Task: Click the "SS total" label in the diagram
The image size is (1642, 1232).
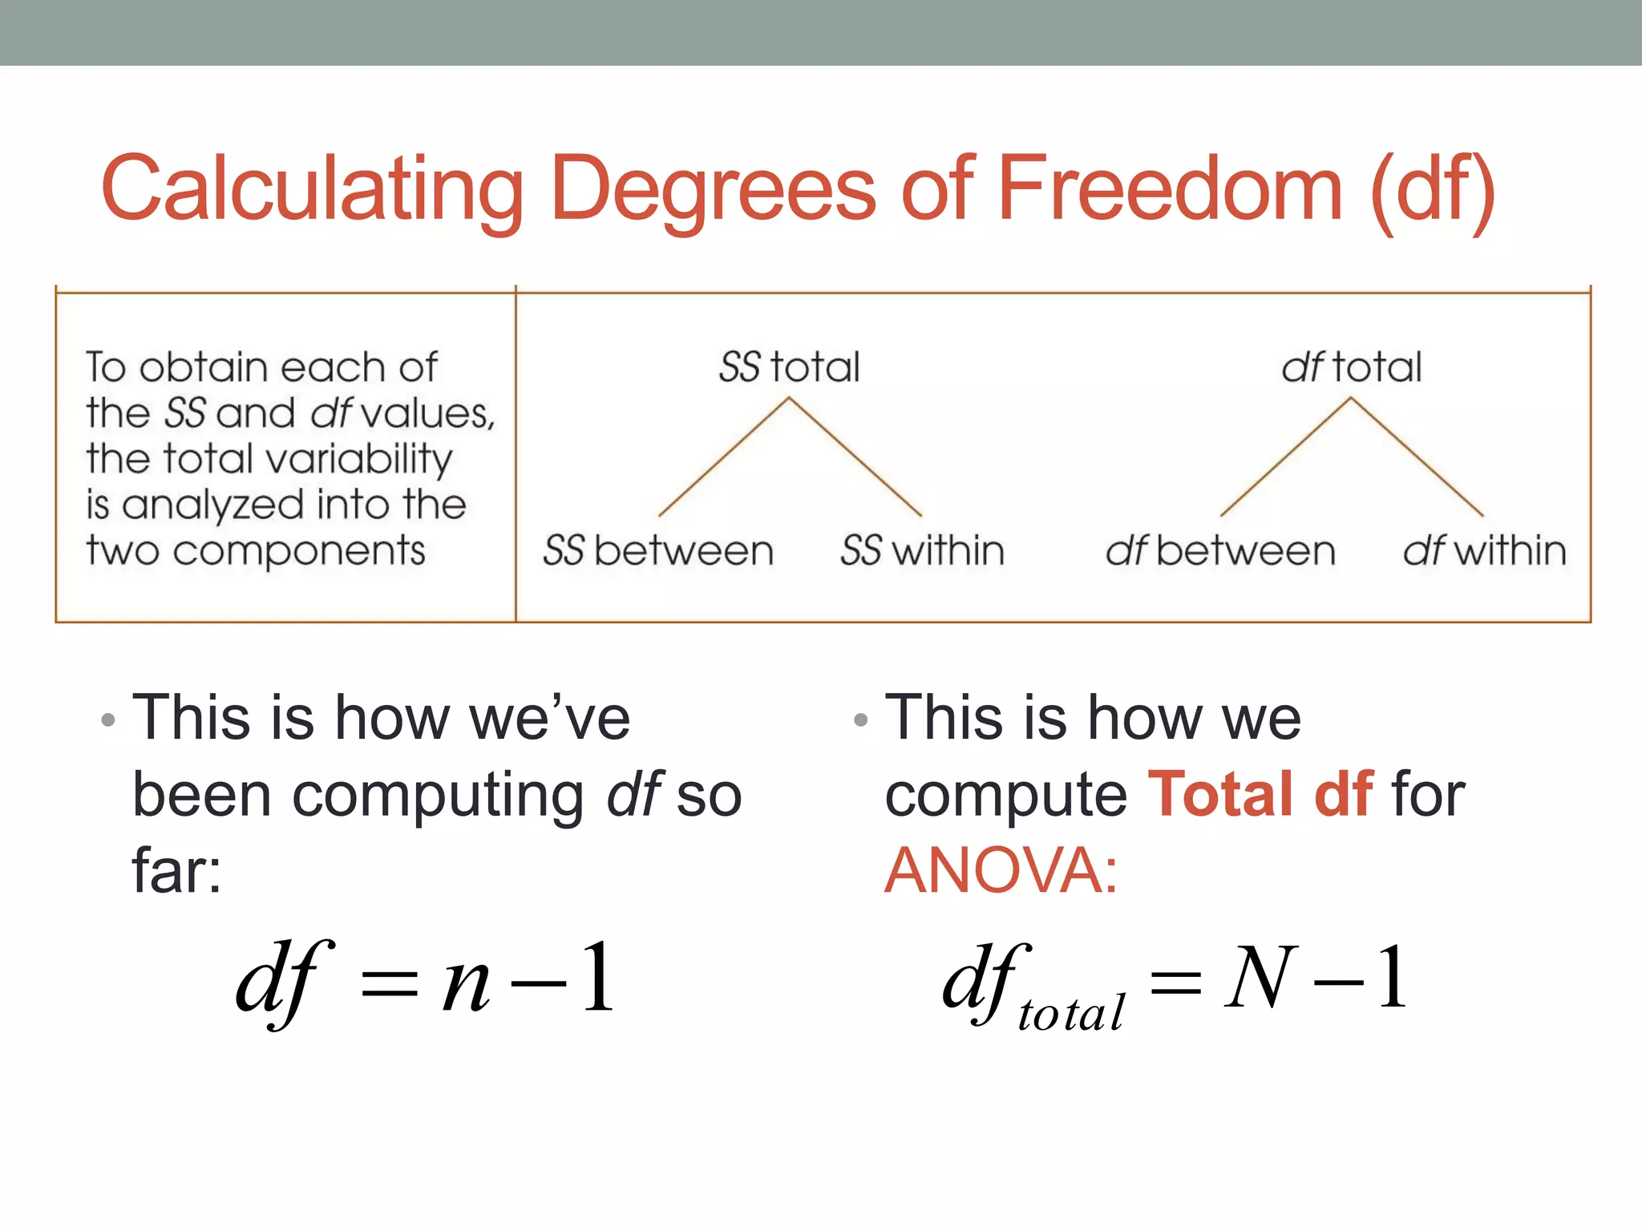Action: pyautogui.click(x=789, y=367)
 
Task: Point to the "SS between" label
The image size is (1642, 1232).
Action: pyautogui.click(x=658, y=551)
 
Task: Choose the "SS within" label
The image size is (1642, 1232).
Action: pyautogui.click(x=922, y=551)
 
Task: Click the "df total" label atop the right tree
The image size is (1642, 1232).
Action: pyautogui.click(x=1351, y=367)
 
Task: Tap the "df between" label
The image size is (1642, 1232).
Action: pyautogui.click(x=1220, y=551)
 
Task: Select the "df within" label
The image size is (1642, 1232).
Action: pyautogui.click(x=1484, y=551)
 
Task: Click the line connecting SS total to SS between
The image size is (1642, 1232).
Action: pyautogui.click(x=723, y=457)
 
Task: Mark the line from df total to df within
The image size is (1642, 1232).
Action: pyautogui.click(x=1418, y=457)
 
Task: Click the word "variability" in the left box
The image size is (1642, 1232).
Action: pyautogui.click(x=359, y=460)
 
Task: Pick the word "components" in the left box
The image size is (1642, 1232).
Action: pyautogui.click(x=299, y=552)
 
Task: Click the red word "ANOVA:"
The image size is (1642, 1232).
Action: pyautogui.click(x=1001, y=870)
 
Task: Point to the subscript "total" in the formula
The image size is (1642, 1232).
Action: pyautogui.click(x=1071, y=1013)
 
